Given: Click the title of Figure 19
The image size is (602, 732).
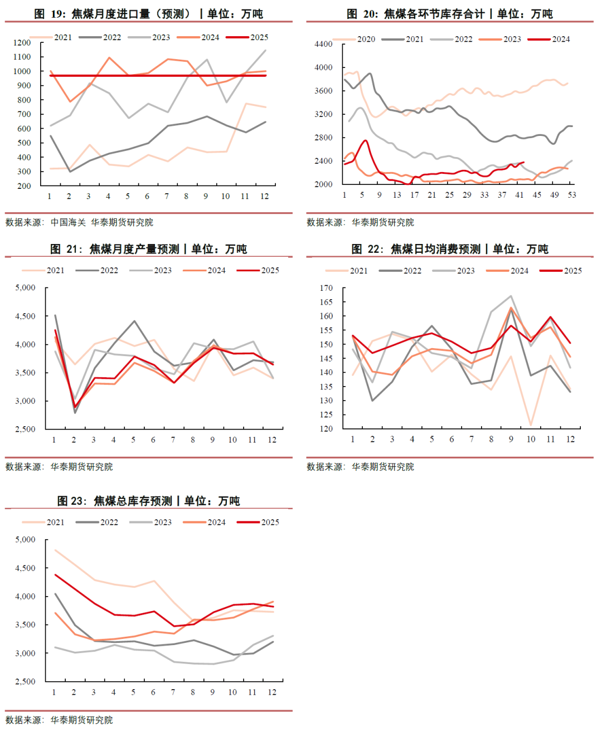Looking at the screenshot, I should pyautogui.click(x=148, y=14).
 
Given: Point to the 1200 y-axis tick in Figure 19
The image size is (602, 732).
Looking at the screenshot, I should pyautogui.click(x=22, y=43).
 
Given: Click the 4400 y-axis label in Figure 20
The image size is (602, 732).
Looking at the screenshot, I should pyautogui.click(x=323, y=44).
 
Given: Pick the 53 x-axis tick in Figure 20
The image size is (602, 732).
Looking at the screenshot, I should pyautogui.click(x=572, y=195).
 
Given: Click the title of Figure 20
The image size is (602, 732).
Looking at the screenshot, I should pyautogui.click(x=449, y=14).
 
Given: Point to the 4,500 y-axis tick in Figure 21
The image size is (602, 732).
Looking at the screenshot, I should pyautogui.click(x=25, y=316).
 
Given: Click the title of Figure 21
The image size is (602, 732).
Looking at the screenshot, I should pyautogui.click(x=148, y=249).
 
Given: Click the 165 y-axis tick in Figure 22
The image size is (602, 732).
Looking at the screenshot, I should pyautogui.click(x=326, y=302).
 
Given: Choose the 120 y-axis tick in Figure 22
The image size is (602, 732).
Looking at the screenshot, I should pyautogui.click(x=326, y=428).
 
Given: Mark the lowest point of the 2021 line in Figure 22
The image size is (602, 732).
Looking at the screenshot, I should pyautogui.click(x=531, y=425).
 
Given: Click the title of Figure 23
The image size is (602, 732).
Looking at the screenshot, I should pyautogui.click(x=148, y=501).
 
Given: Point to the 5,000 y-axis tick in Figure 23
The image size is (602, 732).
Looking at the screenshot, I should pyautogui.click(x=25, y=539).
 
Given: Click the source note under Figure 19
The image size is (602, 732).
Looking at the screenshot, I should pyautogui.click(x=79, y=222).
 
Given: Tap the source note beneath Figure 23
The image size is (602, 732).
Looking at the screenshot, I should pyautogui.click(x=59, y=720).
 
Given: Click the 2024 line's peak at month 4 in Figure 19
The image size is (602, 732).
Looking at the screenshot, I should pyautogui.click(x=109, y=57).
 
